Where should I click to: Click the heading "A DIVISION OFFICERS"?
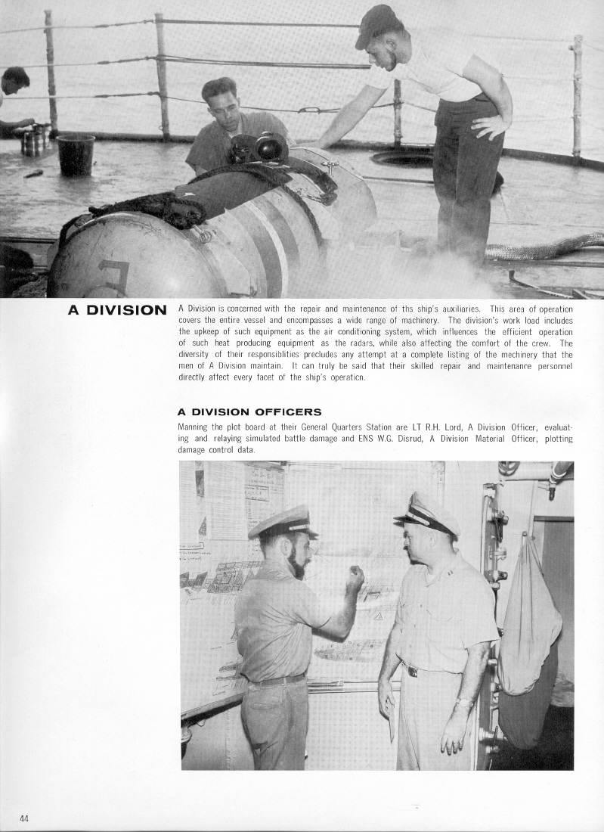tap(249, 412)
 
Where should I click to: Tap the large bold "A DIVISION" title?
tap(117, 309)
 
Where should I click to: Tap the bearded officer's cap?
tap(280, 522)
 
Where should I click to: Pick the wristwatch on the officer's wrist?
tap(464, 703)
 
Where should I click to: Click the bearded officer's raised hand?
tap(355, 579)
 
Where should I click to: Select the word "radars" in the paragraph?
tap(342, 343)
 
